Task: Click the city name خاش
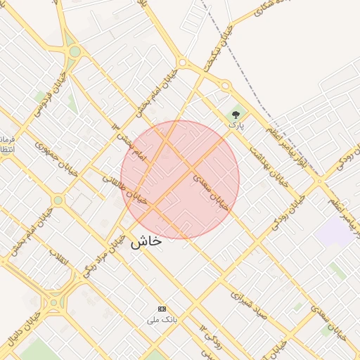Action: [x=146, y=241]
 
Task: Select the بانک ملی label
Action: [x=162, y=320]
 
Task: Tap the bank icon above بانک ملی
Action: [x=162, y=309]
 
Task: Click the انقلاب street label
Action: [x=60, y=259]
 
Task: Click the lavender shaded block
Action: [x=334, y=232]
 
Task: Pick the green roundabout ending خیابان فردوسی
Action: [x=75, y=51]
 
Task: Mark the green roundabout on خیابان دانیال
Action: [x=53, y=304]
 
